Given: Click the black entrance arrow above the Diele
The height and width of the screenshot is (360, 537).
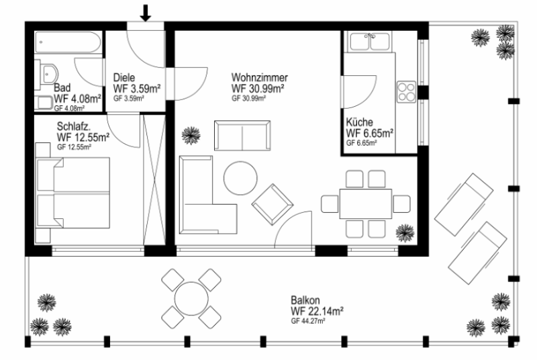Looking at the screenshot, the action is [146, 13].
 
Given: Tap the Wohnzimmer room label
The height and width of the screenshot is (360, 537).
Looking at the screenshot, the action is [260, 77].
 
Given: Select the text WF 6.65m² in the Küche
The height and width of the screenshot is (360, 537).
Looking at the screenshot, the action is [370, 133].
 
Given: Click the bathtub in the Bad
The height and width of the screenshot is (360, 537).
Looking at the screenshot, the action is [68, 42].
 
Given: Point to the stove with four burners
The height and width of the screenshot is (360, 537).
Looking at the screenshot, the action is [406, 92].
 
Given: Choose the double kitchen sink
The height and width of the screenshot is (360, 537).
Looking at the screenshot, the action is [371, 42].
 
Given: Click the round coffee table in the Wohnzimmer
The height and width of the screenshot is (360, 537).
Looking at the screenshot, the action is [240, 179].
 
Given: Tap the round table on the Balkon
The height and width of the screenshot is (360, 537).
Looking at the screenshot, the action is [191, 298].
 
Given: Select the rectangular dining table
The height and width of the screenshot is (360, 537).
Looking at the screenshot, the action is [366, 204].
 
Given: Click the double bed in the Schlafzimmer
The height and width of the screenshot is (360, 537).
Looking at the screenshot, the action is [73, 193].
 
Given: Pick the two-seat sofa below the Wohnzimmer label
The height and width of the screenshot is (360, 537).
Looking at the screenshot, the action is [242, 135].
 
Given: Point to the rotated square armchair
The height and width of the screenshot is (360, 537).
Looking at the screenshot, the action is [273, 204].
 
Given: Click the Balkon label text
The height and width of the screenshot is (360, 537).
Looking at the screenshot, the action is [305, 300].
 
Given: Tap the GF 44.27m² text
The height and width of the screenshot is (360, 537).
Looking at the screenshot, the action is [308, 321].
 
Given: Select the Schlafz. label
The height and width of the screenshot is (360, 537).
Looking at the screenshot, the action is [74, 126].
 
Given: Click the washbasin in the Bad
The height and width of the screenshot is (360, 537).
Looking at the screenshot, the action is [50, 74].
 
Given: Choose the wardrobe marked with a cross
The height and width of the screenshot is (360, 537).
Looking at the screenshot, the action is [154, 180].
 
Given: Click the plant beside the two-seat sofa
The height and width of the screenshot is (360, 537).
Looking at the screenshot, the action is [191, 135].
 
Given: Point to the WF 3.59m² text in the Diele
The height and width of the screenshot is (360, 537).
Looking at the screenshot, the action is [137, 89].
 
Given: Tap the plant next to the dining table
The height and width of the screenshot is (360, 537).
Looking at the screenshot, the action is [405, 233].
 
